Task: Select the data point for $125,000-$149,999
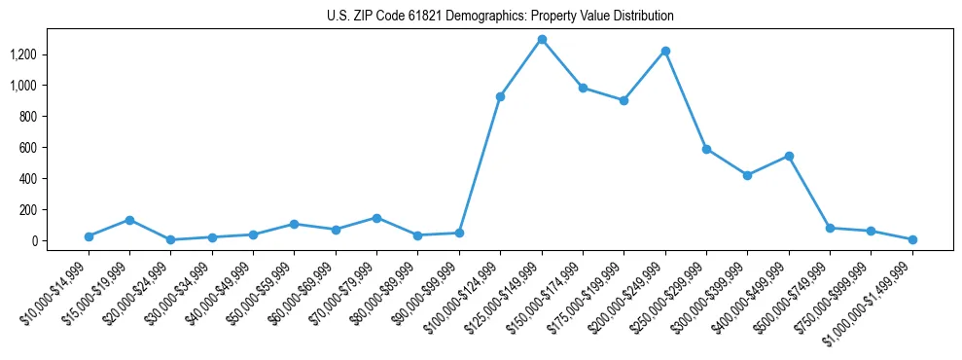[542, 40]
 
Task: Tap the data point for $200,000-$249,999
[665, 51]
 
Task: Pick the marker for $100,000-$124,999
[500, 96]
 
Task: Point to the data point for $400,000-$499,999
[789, 156]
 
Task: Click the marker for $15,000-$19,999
[129, 220]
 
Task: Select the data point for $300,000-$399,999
[747, 175]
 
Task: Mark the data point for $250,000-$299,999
[706, 149]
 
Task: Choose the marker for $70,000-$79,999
[376, 218]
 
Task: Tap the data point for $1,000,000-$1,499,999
[912, 239]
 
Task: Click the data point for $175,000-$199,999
[624, 100]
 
